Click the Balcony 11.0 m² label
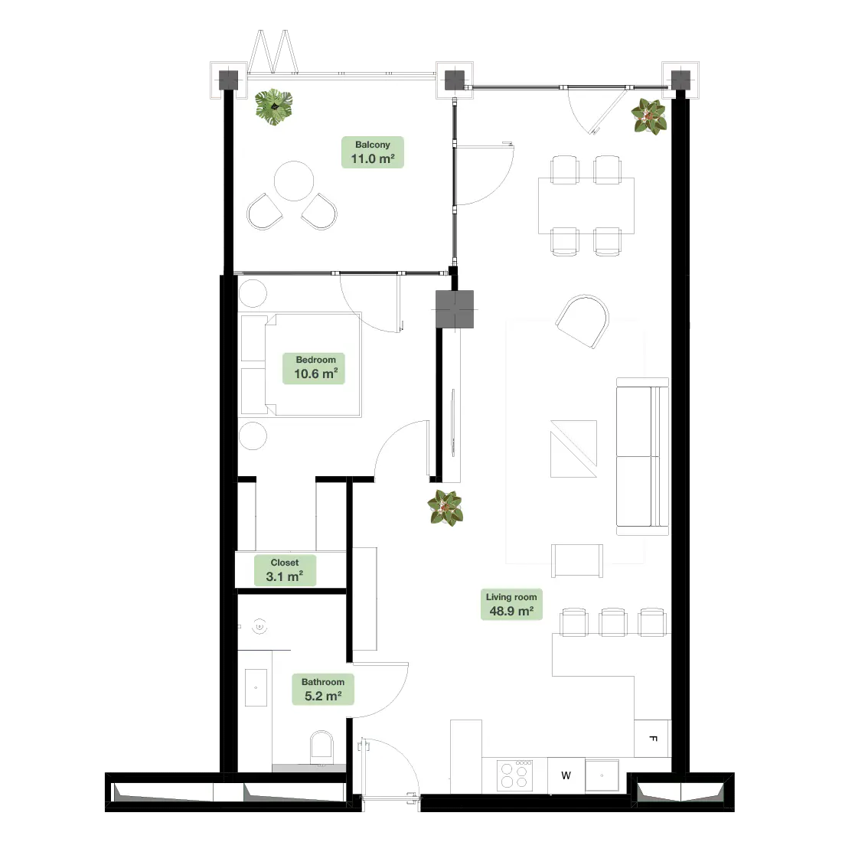[x=373, y=152]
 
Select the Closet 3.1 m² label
[x=285, y=570]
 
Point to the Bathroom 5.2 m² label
[x=323, y=690]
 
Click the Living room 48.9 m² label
[x=511, y=605]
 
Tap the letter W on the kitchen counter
[x=566, y=775]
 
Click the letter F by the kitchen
[x=654, y=739]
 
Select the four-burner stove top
[x=515, y=775]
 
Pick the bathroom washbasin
[x=256, y=687]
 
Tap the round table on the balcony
[x=294, y=181]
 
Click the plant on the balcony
[x=274, y=107]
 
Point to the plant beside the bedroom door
[x=445, y=508]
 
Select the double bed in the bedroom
[x=300, y=364]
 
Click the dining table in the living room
[x=586, y=206]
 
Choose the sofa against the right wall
[x=642, y=456]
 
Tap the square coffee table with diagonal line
[x=573, y=449]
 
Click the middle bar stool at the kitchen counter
[x=612, y=623]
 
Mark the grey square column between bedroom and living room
[x=455, y=309]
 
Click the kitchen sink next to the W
[x=602, y=775]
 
